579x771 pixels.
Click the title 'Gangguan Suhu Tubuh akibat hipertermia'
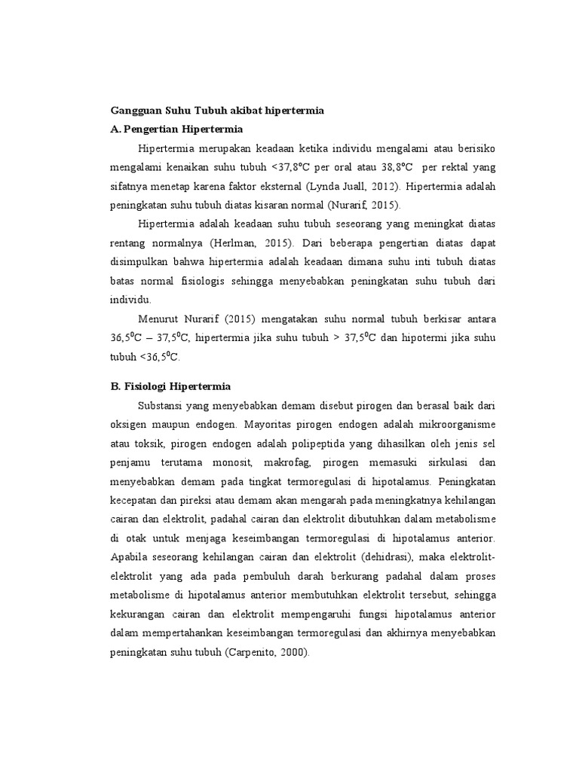coord(217,111)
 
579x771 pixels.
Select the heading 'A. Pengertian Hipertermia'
coord(175,129)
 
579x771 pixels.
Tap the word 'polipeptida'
coord(300,444)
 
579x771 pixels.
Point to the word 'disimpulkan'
coord(138,263)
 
